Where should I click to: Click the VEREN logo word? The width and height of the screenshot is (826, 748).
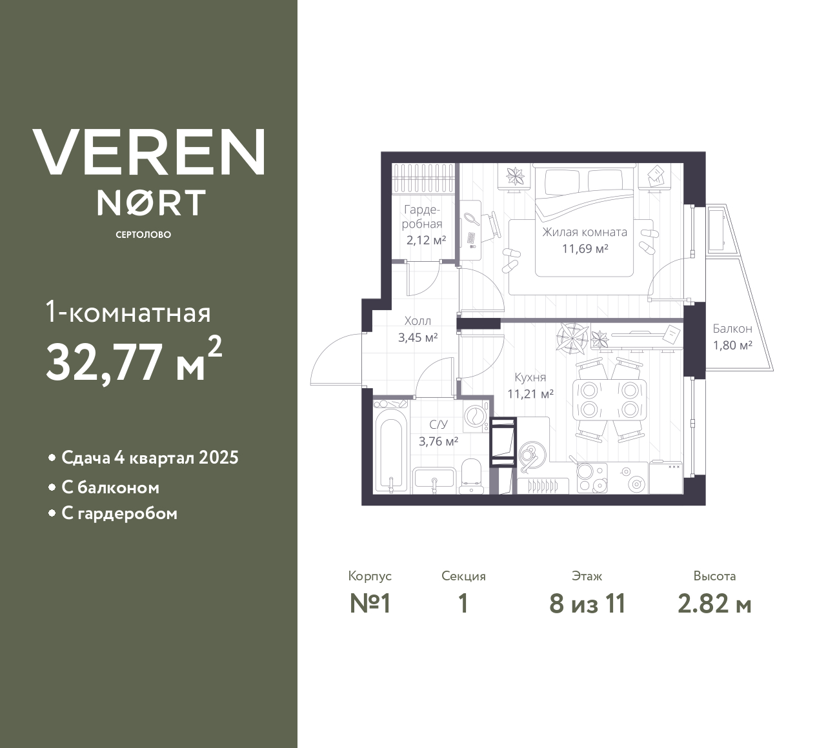[149, 152]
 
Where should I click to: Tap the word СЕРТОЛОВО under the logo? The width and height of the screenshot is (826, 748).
[143, 235]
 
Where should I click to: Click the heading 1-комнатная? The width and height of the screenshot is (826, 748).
[128, 313]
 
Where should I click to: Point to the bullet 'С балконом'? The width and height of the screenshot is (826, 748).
[110, 487]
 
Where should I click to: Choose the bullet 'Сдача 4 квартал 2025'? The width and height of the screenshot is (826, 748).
[150, 458]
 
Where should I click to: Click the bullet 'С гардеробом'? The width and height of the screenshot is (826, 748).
[119, 513]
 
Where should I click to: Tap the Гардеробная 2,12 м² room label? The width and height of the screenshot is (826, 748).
[423, 225]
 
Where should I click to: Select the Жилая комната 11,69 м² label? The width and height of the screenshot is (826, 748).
[585, 240]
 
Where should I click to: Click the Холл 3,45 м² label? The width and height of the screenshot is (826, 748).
[418, 329]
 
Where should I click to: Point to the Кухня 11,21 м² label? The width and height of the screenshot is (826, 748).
[530, 386]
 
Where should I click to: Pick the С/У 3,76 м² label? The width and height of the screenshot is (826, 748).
[438, 433]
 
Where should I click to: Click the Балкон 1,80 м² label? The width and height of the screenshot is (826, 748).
[732, 337]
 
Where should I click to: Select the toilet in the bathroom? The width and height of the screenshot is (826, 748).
[471, 474]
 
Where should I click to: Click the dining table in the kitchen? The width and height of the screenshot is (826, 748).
[609, 400]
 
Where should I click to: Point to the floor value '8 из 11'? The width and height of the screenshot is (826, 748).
[587, 604]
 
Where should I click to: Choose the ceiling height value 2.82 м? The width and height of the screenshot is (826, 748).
[714, 604]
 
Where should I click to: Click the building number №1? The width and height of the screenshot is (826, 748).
[370, 604]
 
